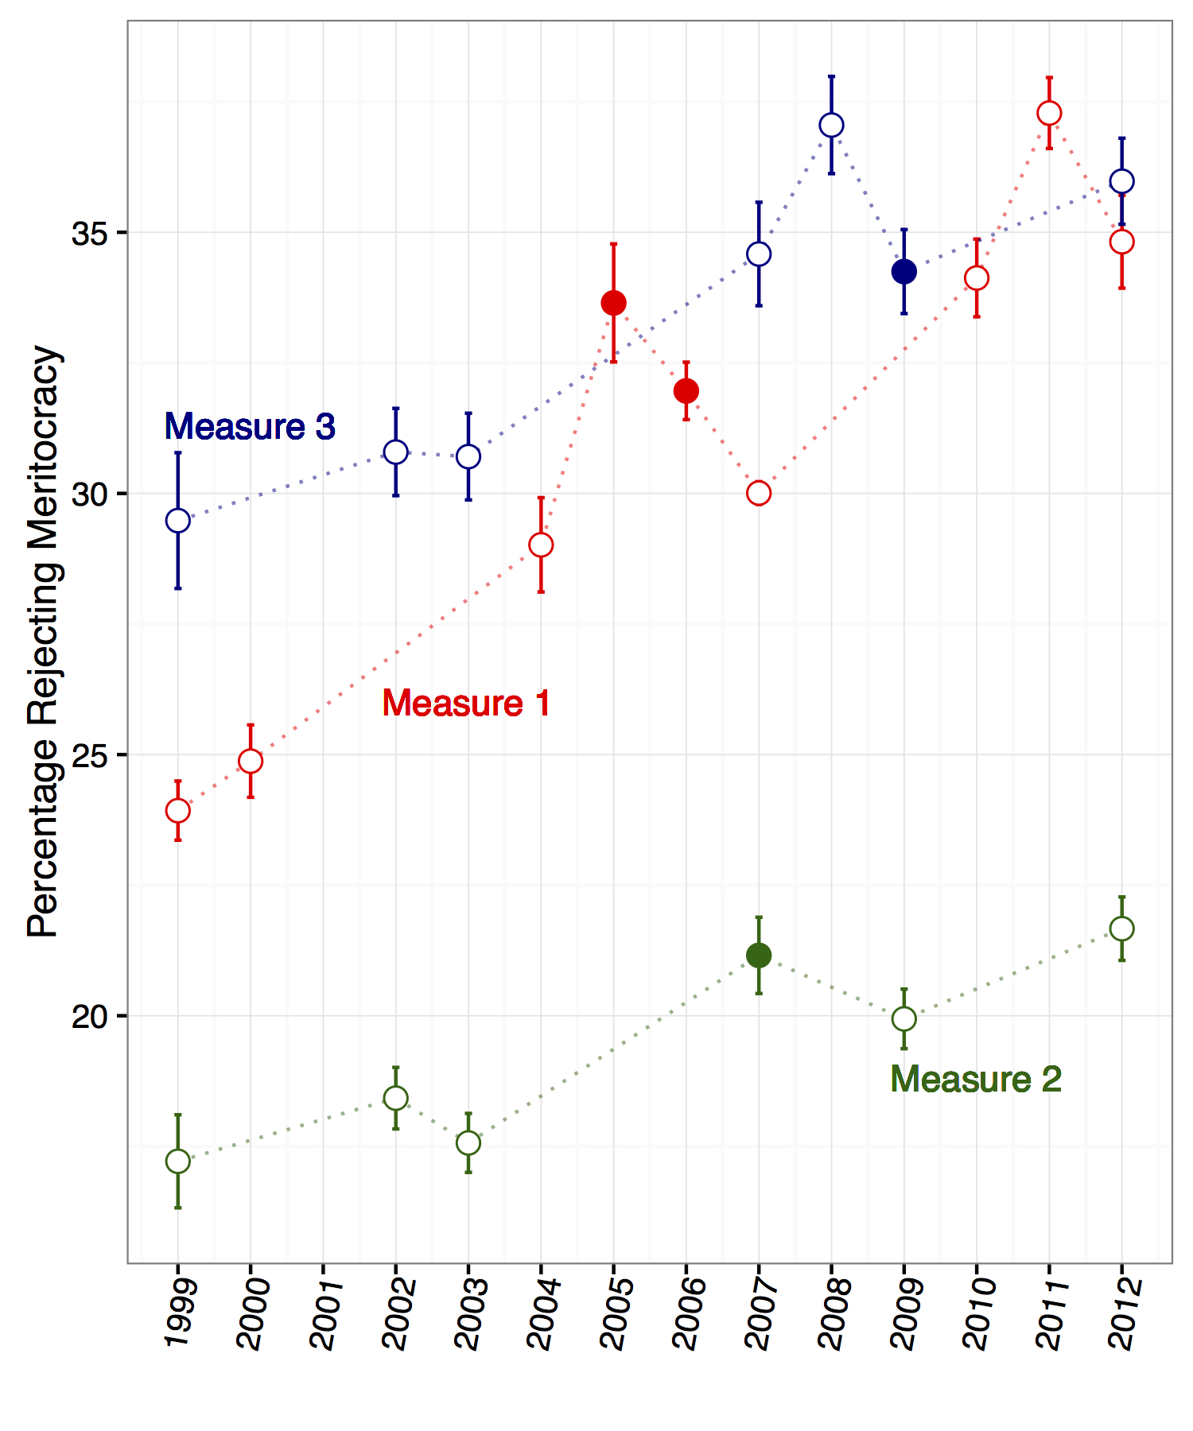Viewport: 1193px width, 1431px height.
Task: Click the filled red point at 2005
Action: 613,303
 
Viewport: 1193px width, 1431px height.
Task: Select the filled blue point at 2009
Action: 903,272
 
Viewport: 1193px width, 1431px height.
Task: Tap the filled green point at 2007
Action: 759,956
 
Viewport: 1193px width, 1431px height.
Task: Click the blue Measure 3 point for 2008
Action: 831,126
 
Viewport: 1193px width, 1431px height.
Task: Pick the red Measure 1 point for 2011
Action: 1049,114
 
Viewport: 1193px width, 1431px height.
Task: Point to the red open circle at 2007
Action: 759,494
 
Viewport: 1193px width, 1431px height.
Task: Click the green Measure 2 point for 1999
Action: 178,1161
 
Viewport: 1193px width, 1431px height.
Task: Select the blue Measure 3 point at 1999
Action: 178,521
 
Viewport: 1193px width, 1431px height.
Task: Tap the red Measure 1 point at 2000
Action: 251,762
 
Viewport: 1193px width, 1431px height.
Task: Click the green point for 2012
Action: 1121,929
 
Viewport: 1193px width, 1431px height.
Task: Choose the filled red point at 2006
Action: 686,391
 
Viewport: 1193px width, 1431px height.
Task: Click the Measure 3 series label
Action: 250,427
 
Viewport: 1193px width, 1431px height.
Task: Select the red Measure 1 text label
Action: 466,704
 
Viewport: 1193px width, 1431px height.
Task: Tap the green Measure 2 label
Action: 976,1080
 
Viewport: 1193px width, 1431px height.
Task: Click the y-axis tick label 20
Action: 89,1017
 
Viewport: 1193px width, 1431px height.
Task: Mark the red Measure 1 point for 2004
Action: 541,545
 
